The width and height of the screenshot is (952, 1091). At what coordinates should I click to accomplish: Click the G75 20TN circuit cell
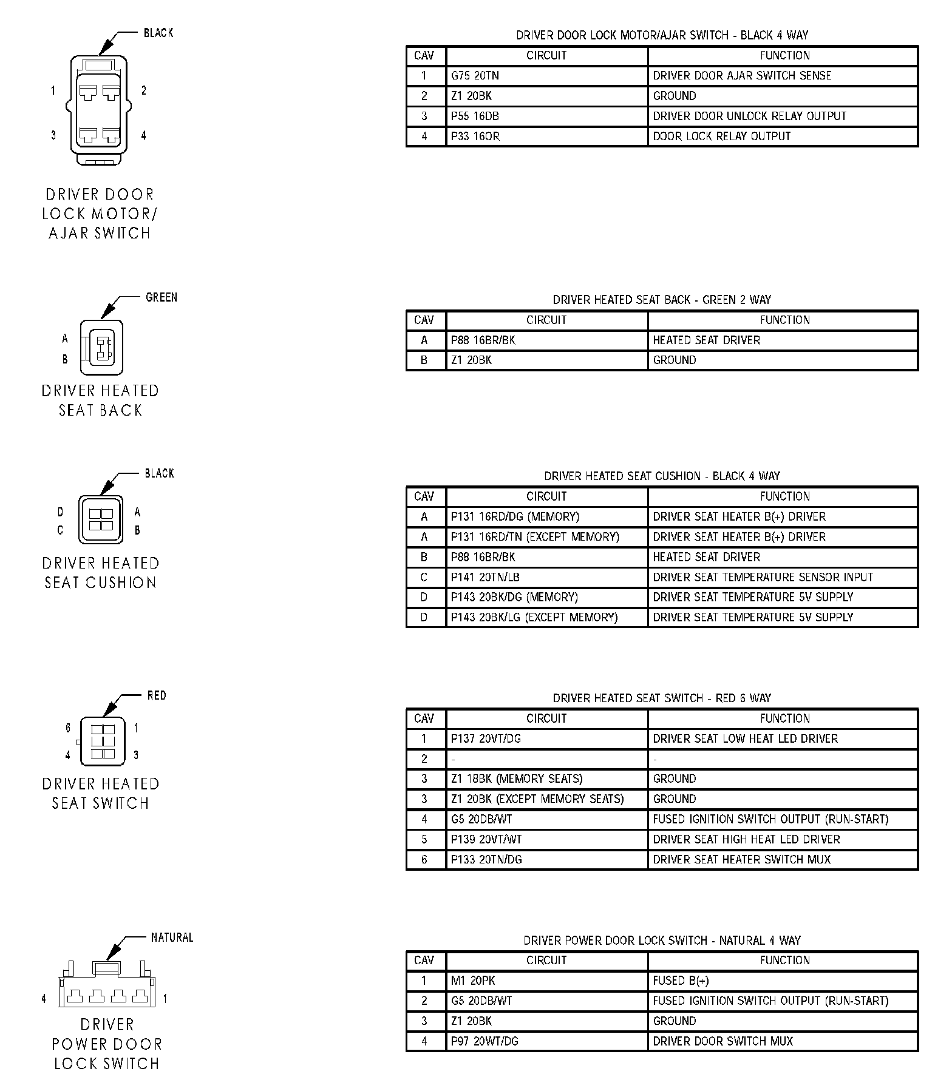pos(475,76)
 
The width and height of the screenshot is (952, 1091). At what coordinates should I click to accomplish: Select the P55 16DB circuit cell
pos(475,116)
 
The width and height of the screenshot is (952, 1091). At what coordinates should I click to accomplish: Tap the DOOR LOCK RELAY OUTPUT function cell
pos(721,136)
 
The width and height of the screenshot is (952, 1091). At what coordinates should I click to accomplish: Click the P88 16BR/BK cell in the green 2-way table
pos(483,340)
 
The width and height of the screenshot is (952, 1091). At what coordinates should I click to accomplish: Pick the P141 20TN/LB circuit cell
pos(484,577)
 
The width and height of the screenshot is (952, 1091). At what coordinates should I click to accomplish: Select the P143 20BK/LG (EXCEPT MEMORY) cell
pos(534,617)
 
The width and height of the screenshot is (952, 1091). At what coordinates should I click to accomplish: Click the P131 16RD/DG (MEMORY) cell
pos(515,516)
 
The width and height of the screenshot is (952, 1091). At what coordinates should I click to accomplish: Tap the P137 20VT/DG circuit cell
pos(486,738)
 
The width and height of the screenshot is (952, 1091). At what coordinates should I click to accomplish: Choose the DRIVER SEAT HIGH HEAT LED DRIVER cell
pos(746,839)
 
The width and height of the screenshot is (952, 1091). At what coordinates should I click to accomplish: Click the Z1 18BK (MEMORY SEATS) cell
pos(516,779)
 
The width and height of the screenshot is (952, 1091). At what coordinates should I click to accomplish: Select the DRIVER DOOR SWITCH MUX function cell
pos(722,1041)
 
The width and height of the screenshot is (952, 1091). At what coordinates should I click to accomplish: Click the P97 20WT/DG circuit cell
pos(484,1041)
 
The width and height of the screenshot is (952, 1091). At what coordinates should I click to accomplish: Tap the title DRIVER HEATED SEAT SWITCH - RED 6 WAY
pos(662,698)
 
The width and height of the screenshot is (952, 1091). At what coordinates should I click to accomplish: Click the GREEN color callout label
pos(161,297)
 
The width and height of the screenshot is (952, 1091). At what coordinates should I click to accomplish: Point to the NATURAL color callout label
pos(172,937)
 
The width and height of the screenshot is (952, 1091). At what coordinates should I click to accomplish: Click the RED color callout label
pos(157,695)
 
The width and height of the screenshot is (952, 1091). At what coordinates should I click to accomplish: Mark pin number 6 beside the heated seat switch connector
pos(68,728)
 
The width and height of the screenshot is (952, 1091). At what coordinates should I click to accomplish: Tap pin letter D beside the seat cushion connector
pos(60,512)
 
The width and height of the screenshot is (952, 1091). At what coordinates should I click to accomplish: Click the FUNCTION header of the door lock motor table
pos(784,55)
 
